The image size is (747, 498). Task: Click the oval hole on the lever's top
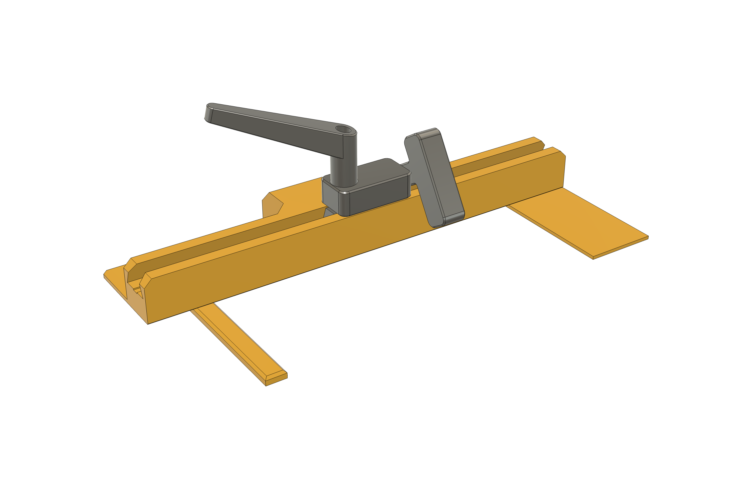[x=343, y=129]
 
